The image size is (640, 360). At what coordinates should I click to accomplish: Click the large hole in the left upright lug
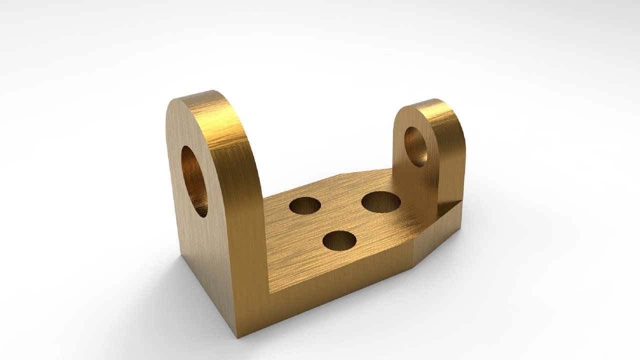[x=194, y=181]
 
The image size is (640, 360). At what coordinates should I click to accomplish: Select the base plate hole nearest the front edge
[x=339, y=241]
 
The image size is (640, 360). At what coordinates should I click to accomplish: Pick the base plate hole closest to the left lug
[x=305, y=205]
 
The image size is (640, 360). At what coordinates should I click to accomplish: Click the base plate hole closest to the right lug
[x=381, y=202]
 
